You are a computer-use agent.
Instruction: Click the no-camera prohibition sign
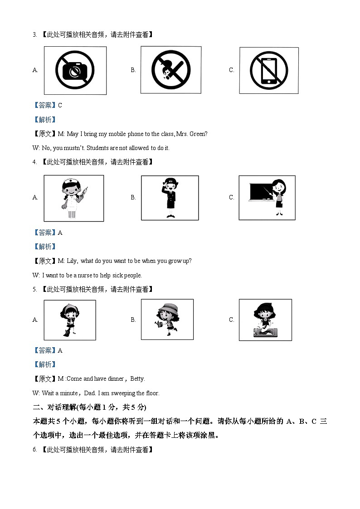(75, 70)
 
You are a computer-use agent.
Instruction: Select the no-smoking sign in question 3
(171, 70)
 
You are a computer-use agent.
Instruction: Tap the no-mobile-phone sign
(268, 70)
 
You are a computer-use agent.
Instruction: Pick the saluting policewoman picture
(170, 198)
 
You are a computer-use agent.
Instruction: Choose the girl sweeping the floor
(70, 320)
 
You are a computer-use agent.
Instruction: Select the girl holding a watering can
(166, 319)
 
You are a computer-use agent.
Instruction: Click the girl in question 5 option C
(265, 320)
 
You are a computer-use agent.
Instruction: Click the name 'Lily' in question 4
(72, 261)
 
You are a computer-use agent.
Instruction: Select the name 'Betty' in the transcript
(138, 379)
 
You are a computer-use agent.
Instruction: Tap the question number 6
(34, 450)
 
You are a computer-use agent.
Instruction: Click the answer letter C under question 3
(60, 106)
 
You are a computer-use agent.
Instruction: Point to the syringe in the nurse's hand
(83, 193)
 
